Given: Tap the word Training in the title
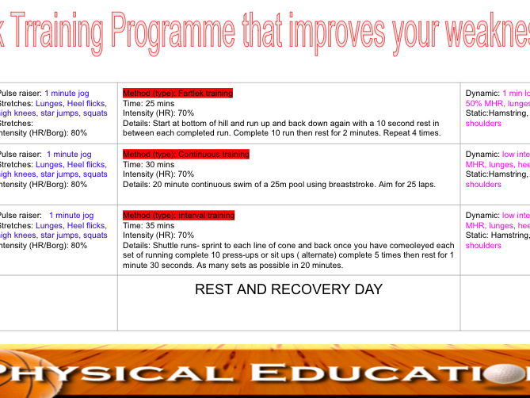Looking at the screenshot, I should [x=55, y=31].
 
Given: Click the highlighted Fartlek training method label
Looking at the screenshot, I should [x=177, y=93].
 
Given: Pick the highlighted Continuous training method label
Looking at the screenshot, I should [x=185, y=154].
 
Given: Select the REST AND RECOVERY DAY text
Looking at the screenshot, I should [x=288, y=290].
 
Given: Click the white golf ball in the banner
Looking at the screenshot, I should [x=518, y=371].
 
